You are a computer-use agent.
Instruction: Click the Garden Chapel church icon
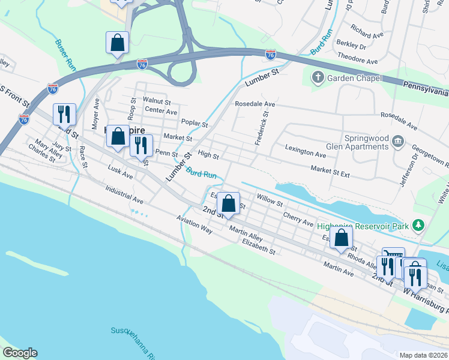point(318,78)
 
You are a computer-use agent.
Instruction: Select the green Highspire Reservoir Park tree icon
point(419,226)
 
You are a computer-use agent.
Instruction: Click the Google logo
point(19,353)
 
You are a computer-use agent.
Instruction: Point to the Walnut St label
point(157,102)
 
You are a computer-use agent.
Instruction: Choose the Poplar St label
point(194,125)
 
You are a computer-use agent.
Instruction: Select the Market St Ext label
point(330,172)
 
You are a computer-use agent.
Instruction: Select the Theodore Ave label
point(358,61)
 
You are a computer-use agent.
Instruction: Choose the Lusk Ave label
point(120,172)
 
